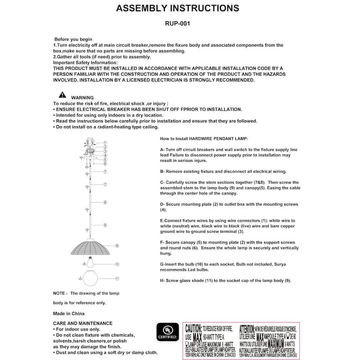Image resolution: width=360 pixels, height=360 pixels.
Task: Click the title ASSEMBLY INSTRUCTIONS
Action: (x=178, y=8)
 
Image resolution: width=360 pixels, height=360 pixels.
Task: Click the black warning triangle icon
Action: (x=62, y=95)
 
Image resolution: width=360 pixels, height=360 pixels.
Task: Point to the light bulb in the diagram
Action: (x=91, y=263)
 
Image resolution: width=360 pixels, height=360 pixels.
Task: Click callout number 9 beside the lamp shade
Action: (x=117, y=246)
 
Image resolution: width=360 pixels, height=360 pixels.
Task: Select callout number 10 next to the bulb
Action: (x=117, y=264)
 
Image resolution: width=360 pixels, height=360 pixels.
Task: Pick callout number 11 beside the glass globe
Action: (x=117, y=279)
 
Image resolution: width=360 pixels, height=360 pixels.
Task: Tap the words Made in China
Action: (x=69, y=313)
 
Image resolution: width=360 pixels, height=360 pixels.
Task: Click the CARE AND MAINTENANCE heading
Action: (x=83, y=323)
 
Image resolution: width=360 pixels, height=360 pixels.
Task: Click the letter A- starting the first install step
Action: (x=162, y=149)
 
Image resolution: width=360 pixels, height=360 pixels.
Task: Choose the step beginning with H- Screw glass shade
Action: (x=225, y=280)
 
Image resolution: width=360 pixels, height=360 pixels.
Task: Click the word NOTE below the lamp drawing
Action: (x=60, y=293)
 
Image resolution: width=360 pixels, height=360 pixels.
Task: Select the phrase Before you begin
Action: (x=73, y=40)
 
